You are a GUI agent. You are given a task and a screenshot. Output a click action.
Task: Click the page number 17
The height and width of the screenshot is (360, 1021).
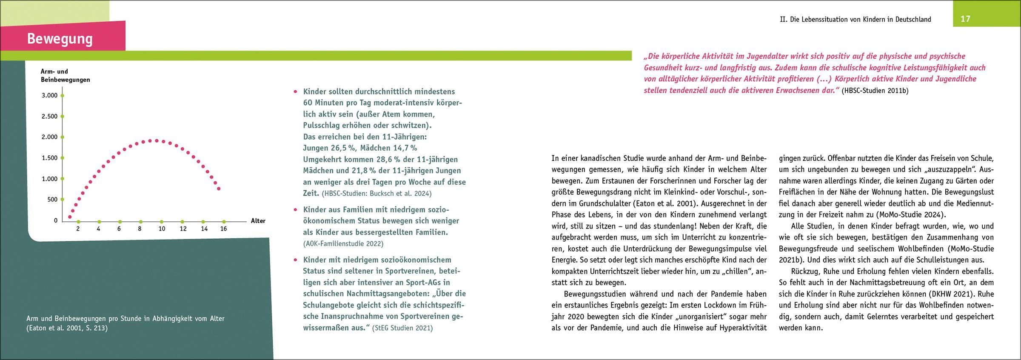tap(965, 19)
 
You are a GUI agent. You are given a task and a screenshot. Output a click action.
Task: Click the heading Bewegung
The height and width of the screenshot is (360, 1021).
tap(60, 39)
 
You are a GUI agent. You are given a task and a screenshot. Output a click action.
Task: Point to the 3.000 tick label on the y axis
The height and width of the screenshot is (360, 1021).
tap(49, 95)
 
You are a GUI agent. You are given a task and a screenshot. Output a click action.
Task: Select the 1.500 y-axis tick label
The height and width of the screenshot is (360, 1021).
tap(49, 158)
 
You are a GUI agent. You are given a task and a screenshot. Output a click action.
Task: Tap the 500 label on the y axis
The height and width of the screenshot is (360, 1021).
tap(52, 200)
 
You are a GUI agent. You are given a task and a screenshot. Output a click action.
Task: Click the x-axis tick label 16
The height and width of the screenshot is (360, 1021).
tap(223, 229)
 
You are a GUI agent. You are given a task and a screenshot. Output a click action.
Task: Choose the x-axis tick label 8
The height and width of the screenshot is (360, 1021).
tap(140, 229)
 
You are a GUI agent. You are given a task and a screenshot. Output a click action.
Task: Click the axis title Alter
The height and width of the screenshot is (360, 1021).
tap(258, 221)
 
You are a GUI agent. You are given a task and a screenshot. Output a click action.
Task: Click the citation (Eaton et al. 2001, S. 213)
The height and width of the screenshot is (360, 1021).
tap(67, 328)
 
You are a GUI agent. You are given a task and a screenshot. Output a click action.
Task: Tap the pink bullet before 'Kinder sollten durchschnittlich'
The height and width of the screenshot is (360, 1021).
tap(295, 92)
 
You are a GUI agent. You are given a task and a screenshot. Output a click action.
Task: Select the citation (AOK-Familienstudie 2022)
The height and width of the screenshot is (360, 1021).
tap(343, 244)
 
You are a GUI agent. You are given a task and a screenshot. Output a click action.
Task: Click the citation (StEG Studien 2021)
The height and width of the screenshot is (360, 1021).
tap(402, 328)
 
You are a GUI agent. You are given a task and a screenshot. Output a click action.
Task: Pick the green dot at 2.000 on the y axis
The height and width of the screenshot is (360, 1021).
tap(62, 137)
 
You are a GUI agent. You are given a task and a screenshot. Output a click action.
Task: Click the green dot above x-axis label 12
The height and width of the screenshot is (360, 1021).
tap(183, 222)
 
